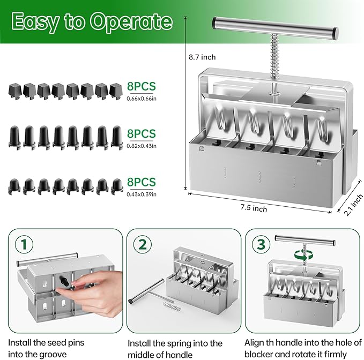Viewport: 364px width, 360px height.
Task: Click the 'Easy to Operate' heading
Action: tap(92, 21)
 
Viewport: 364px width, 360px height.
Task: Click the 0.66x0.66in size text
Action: tap(142, 98)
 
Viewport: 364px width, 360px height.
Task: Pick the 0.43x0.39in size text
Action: tap(142, 194)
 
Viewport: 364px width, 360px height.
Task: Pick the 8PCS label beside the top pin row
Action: tap(142, 86)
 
